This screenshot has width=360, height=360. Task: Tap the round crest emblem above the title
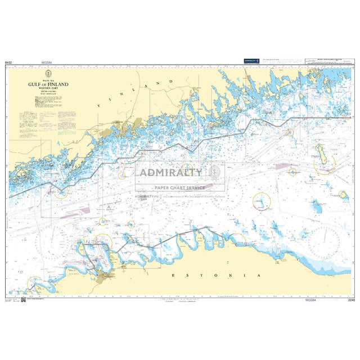48,73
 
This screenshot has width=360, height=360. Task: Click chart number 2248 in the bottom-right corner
352,300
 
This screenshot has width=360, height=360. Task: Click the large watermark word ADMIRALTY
171,172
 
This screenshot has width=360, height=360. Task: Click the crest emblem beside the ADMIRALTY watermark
214,172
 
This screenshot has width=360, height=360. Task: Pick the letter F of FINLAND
98,105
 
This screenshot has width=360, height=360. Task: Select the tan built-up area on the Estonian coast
105,275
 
